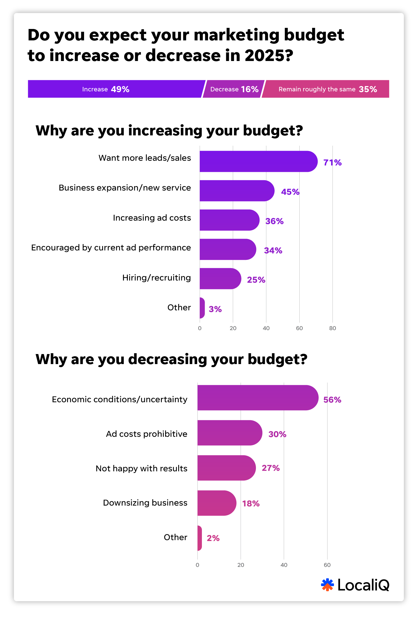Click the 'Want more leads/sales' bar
coord(258,161)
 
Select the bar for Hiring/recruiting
coord(220,279)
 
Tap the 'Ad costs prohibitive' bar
coord(230,433)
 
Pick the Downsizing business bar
coord(217,503)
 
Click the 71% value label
coord(332,162)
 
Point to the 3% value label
coord(215,309)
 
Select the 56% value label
coord(332,400)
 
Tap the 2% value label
coord(213,538)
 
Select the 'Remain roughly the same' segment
coord(326,89)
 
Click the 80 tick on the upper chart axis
coord(333,328)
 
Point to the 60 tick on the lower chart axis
coord(327,565)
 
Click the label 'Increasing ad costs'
coord(152,218)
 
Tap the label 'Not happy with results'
coord(141,469)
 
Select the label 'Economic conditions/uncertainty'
coord(119,399)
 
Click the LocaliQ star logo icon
coord(327,584)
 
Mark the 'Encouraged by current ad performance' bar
coord(228,249)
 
